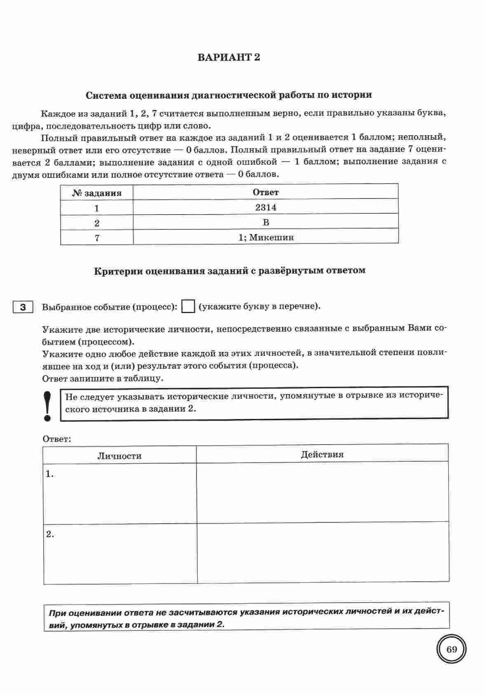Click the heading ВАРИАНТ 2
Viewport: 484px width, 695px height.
pyautogui.click(x=229, y=57)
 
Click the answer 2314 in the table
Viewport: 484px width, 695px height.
pyautogui.click(x=266, y=207)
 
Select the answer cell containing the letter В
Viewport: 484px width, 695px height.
pyautogui.click(x=266, y=222)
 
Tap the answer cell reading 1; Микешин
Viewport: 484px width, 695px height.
pyautogui.click(x=266, y=237)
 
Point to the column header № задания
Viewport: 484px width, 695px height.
pyautogui.click(x=97, y=193)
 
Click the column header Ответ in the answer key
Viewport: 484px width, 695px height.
pyautogui.click(x=266, y=192)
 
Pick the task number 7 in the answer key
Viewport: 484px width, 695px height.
pyautogui.click(x=97, y=238)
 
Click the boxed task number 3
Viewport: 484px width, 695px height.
pyautogui.click(x=23, y=307)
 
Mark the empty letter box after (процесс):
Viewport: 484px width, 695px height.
pyautogui.click(x=188, y=307)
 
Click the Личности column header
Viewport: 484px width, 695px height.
pyautogui.click(x=119, y=456)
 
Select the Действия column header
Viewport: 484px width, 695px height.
pyautogui.click(x=322, y=454)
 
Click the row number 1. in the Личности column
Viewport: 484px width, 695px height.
pyautogui.click(x=50, y=474)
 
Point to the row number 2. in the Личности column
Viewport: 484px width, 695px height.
pyautogui.click(x=50, y=534)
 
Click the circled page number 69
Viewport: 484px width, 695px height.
pyautogui.click(x=451, y=650)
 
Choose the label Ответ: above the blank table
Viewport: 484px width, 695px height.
pyautogui.click(x=57, y=439)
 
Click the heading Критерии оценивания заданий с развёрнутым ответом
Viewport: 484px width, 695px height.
pyautogui.click(x=230, y=271)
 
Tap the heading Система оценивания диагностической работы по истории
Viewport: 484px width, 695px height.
pyautogui.click(x=229, y=95)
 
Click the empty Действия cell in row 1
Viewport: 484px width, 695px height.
pyautogui.click(x=323, y=491)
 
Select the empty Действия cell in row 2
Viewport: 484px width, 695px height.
pyautogui.click(x=323, y=552)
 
